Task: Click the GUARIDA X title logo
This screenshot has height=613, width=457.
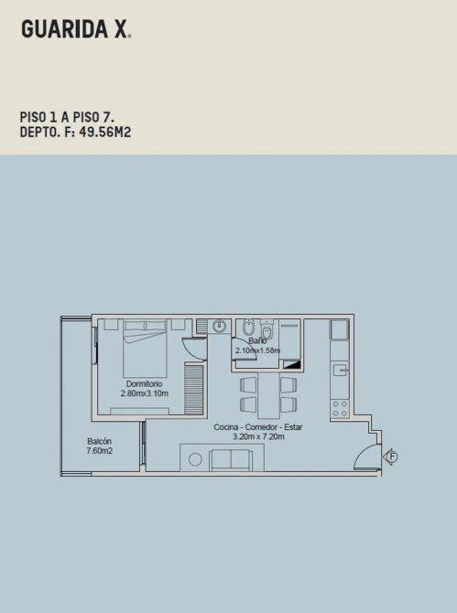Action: coord(76,29)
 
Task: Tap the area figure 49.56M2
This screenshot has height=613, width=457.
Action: coord(104,133)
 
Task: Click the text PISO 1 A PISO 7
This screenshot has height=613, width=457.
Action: coord(67,117)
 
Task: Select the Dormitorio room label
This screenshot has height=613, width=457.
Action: coord(144,384)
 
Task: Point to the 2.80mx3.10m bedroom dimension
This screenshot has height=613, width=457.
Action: coord(145,393)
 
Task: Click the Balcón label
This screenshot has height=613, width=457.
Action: coord(100,441)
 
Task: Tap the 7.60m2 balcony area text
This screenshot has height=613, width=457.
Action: coord(100,451)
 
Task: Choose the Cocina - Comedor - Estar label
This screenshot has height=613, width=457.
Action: coord(258,427)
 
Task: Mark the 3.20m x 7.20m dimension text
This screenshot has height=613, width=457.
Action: coord(258,436)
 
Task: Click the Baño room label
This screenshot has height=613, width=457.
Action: coord(257,341)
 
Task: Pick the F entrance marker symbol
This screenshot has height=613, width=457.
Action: coord(391,457)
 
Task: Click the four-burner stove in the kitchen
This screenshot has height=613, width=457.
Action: coord(340,409)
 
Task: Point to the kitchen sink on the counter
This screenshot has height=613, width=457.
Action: coord(340,370)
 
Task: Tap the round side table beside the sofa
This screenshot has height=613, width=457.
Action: coord(195,459)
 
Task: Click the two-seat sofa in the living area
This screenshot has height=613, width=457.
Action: coord(231,460)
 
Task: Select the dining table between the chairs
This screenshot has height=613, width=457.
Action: coord(269,395)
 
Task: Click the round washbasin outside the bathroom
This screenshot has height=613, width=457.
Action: coord(220,326)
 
